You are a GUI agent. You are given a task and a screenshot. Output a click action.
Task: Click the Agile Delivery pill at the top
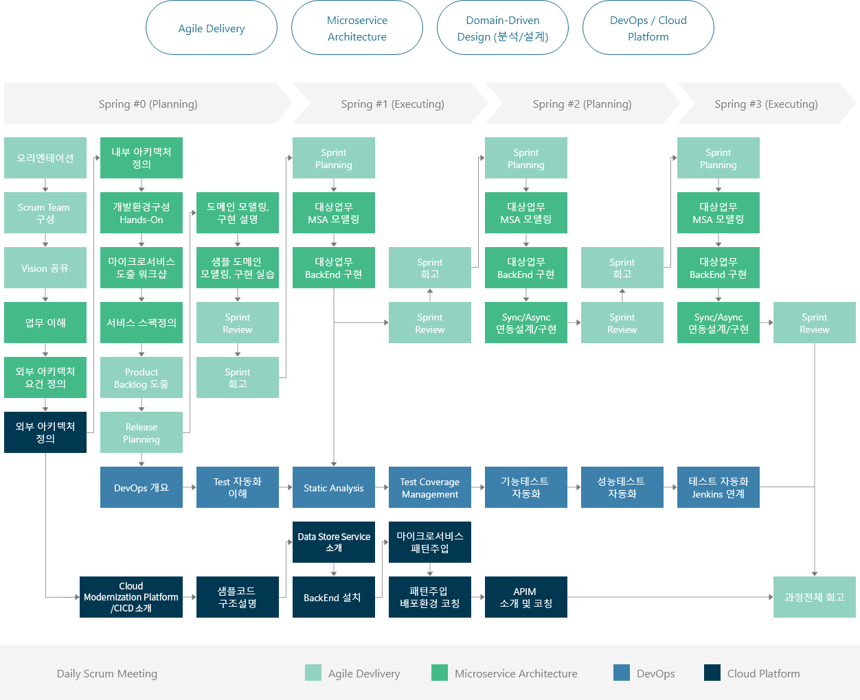(211, 27)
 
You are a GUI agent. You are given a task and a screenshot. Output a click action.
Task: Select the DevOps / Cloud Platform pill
(648, 27)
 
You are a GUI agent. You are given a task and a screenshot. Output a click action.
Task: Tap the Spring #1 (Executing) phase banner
(390, 103)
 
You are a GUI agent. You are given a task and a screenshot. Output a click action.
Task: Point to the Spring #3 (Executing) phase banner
(767, 103)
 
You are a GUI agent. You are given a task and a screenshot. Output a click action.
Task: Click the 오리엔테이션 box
(45, 158)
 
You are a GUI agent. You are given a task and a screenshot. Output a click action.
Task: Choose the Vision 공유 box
(45, 268)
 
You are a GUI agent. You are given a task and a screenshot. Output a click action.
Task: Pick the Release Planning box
(142, 432)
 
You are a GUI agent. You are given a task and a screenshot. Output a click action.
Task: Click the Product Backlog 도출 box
(142, 377)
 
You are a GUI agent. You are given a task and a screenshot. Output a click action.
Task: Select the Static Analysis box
(334, 487)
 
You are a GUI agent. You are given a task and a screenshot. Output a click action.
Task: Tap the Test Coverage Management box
(429, 487)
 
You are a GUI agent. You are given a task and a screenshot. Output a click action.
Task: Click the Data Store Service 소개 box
(334, 542)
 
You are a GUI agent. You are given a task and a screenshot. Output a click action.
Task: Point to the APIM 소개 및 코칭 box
(525, 596)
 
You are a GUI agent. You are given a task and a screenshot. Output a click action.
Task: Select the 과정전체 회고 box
(815, 596)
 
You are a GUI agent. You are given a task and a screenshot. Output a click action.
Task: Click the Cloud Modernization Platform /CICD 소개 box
(131, 596)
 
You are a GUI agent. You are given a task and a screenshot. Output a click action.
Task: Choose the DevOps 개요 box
(142, 487)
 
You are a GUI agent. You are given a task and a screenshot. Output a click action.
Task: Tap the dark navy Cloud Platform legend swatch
(712, 673)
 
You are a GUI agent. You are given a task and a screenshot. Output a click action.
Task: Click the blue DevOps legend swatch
(622, 673)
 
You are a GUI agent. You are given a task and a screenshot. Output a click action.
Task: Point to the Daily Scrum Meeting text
(107, 673)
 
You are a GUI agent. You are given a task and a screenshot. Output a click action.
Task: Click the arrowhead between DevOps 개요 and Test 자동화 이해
(194, 487)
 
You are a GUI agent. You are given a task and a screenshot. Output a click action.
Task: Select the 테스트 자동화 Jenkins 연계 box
(718, 487)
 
